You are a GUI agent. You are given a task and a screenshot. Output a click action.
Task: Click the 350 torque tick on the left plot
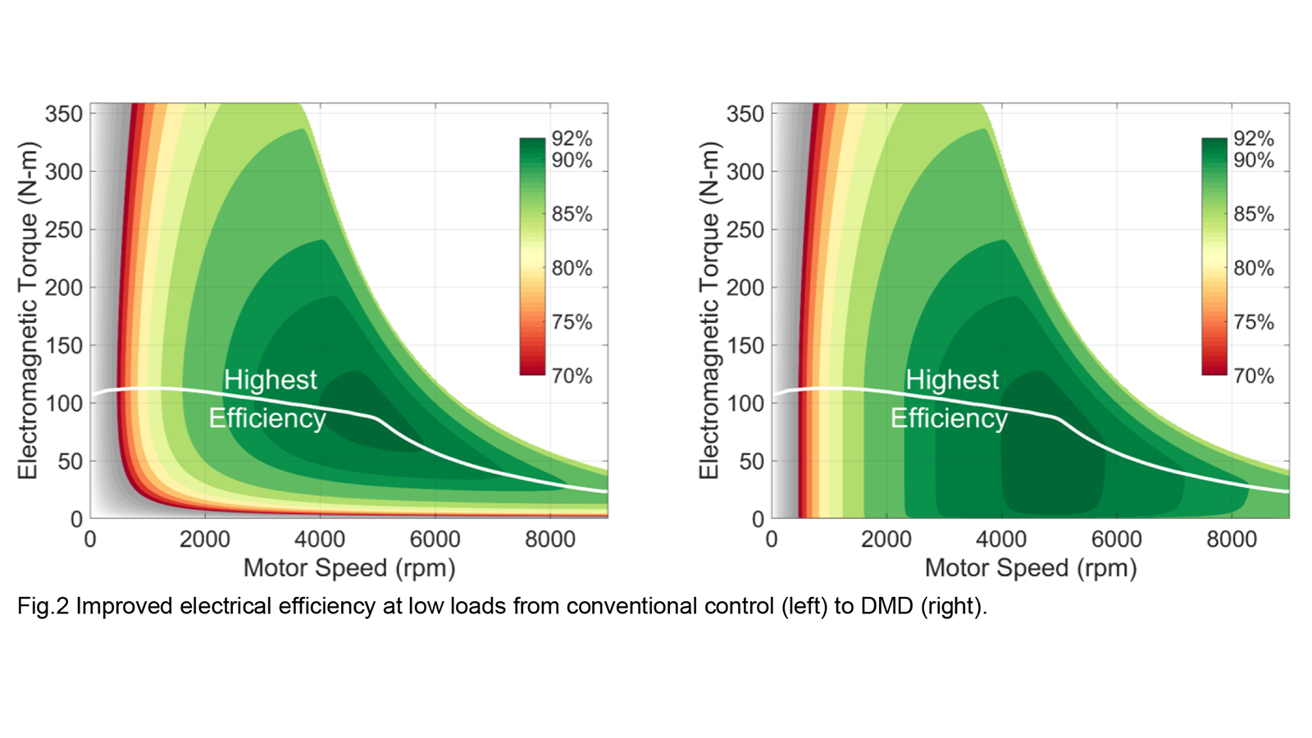point(64,114)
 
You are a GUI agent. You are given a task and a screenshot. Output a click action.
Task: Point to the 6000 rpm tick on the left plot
point(435,540)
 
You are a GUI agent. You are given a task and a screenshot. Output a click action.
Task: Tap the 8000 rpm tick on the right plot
point(1232,540)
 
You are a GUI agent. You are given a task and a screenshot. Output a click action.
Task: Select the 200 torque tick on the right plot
point(745,288)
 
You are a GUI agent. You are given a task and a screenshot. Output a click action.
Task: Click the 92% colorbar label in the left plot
point(572,139)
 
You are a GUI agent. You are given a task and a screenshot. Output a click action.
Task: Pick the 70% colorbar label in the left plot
point(572,376)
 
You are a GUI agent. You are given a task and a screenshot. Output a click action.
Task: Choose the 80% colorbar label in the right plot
point(1254,268)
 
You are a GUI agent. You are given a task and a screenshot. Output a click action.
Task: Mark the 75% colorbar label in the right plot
point(1254,322)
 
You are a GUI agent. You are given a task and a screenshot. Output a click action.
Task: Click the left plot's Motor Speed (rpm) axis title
point(349,568)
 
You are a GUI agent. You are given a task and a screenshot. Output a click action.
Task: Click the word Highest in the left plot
point(270,380)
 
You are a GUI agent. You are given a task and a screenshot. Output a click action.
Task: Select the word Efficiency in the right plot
point(949,418)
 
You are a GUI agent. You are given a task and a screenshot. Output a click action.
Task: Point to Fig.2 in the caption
point(43,607)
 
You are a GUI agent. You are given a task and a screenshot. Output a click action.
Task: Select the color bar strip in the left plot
point(532,257)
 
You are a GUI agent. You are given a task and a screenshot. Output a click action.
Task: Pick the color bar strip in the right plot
point(1214,257)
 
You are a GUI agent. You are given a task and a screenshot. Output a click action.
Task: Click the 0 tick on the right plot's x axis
point(772,540)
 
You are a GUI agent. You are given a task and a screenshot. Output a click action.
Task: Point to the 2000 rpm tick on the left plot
point(205,540)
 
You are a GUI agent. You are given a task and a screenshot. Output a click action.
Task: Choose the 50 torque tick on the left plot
point(70,462)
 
